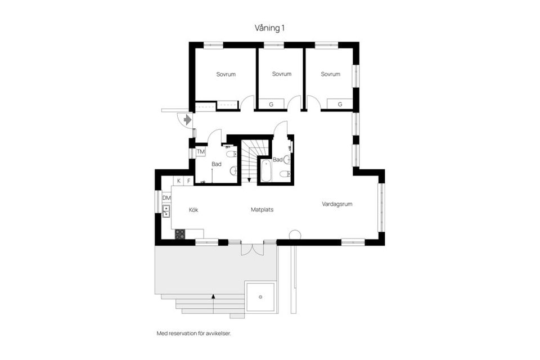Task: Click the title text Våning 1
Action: [270, 27]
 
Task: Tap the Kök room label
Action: [193, 210]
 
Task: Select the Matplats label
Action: [262, 210]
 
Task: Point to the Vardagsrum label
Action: [337, 204]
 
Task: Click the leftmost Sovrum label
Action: [226, 74]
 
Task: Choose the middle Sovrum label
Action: [281, 74]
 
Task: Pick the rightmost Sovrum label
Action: [331, 74]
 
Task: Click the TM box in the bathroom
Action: [200, 152]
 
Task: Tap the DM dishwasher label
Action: [166, 198]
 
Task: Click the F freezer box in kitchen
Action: [188, 181]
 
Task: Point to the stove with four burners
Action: [180, 234]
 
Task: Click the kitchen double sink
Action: [166, 211]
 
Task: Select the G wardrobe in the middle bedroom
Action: [271, 104]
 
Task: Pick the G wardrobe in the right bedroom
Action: [340, 104]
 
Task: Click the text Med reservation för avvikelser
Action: [193, 333]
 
